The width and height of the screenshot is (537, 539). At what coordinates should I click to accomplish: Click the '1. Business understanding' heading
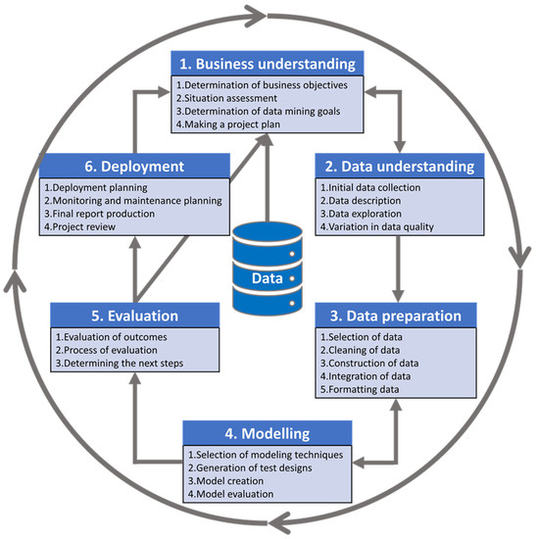click(x=268, y=64)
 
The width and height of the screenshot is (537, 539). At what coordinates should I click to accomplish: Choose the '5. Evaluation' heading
click(x=131, y=317)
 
